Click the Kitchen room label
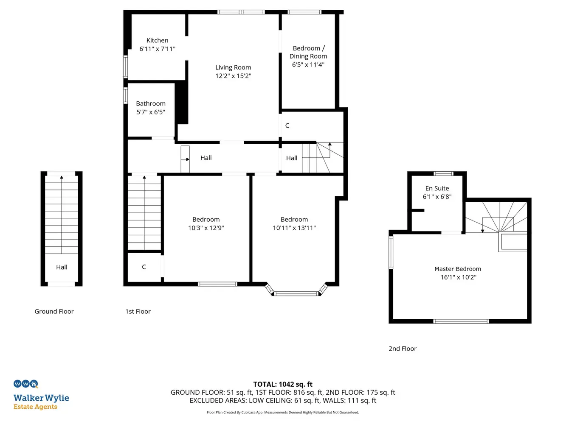[157, 40]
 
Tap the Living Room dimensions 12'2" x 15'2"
[233, 76]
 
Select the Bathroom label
[151, 103]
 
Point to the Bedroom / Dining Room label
[308, 52]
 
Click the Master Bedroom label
[458, 269]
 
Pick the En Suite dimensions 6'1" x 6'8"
[437, 197]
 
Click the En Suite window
[443, 173]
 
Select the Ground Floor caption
[54, 312]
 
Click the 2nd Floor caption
[402, 349]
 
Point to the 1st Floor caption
[138, 312]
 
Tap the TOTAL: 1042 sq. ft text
[283, 384]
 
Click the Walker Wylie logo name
[41, 398]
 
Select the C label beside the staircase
[144, 267]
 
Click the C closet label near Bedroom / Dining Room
[287, 126]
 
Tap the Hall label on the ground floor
[62, 267]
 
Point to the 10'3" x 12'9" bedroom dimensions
[206, 228]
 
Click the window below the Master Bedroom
[461, 321]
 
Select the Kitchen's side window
[125, 67]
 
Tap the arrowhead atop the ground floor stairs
[62, 177]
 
